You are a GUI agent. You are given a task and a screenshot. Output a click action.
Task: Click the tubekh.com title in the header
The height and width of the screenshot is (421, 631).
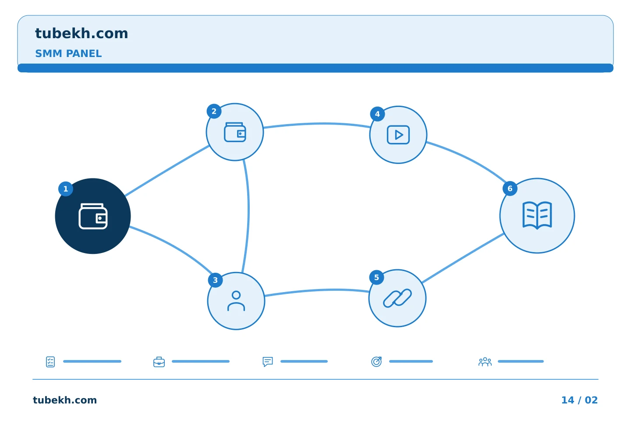[82, 33]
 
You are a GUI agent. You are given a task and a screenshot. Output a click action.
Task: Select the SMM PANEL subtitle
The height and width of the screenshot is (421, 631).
[68, 54]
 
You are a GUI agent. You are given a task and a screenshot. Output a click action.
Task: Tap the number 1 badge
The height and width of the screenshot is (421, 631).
[66, 189]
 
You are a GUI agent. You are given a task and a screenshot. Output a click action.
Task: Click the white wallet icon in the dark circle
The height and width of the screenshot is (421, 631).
[93, 216]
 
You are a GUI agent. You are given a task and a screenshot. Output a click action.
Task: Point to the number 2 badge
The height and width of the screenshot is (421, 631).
[214, 111]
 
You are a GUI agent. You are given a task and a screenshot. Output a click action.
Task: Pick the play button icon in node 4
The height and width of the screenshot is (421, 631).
[398, 135]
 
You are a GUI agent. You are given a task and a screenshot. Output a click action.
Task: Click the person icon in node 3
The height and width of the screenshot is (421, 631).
[236, 301]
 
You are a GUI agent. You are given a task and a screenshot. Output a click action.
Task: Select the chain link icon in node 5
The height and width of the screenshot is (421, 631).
[397, 298]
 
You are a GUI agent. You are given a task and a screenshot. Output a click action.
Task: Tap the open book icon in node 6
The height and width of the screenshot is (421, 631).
[537, 215]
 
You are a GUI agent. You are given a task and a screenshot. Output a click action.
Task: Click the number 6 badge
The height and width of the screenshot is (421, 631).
[510, 189]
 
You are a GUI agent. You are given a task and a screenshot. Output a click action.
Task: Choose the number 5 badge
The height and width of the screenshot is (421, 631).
[377, 278]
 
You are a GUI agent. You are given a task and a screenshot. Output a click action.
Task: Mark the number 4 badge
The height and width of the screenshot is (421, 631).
[377, 114]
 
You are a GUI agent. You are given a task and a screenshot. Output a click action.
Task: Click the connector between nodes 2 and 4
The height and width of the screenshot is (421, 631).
[317, 124]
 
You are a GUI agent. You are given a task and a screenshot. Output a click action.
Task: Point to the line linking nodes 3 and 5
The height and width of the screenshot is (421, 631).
[317, 290]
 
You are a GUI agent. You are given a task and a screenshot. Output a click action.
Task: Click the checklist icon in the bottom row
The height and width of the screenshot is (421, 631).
[50, 362]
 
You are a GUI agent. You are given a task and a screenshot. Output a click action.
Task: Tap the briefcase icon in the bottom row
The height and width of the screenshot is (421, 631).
[159, 362]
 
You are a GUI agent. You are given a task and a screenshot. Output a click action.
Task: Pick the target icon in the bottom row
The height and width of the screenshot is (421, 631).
[376, 361]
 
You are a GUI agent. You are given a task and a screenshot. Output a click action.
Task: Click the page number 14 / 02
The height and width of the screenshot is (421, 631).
[579, 400]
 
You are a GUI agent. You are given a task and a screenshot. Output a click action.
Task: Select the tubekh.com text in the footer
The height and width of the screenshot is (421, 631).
[65, 400]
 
